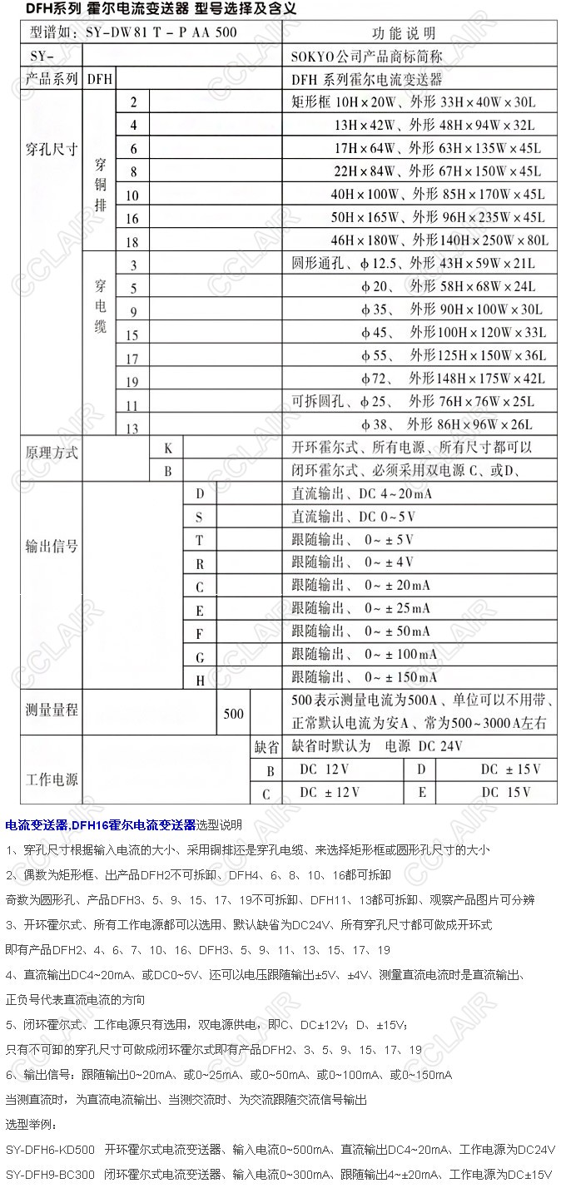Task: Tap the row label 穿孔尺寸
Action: click(52, 150)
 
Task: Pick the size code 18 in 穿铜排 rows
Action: click(132, 241)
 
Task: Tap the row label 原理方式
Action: click(52, 453)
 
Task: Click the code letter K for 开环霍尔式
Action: click(167, 448)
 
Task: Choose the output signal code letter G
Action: click(200, 657)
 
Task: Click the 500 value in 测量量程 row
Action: click(234, 714)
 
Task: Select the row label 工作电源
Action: click(52, 780)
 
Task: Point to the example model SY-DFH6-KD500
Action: click(50, 1150)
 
